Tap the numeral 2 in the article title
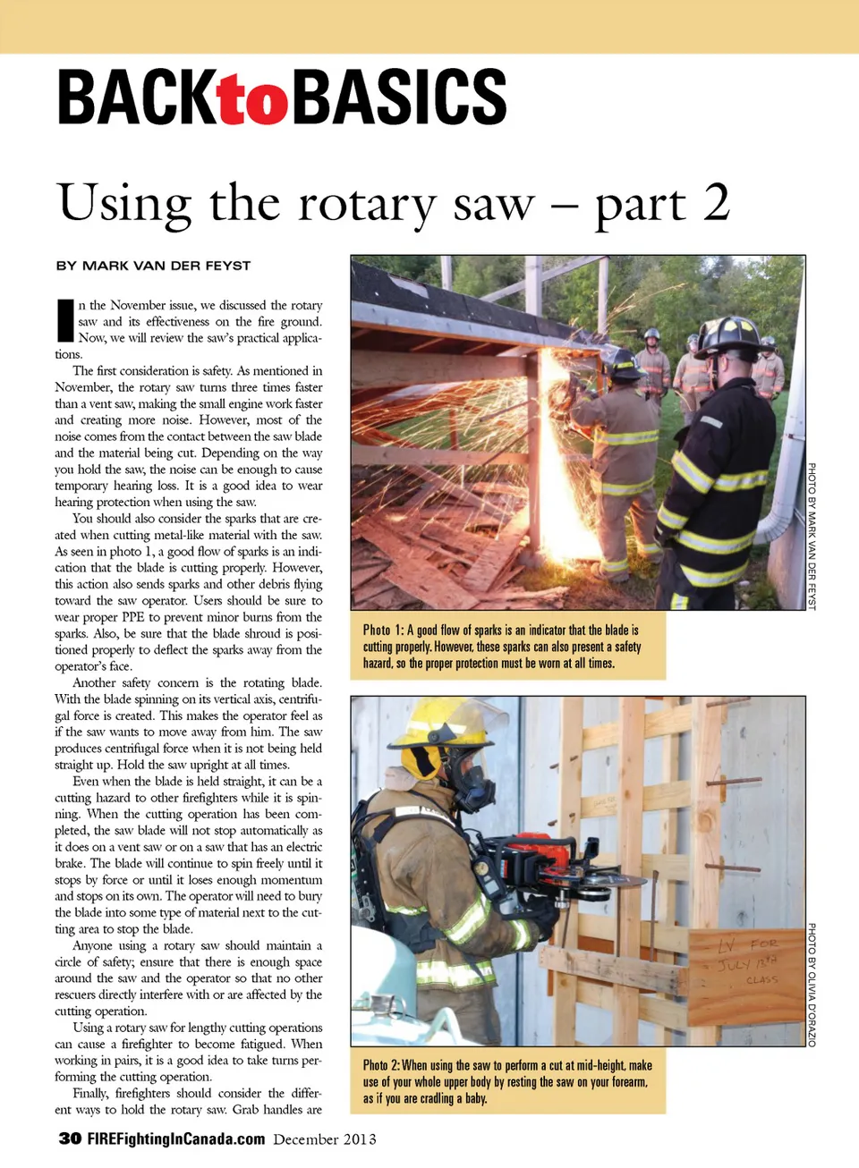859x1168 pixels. [x=716, y=202]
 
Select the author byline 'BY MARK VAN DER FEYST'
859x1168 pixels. [x=153, y=266]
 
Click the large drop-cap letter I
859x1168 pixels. [x=64, y=320]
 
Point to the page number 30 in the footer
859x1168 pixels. [x=70, y=1138]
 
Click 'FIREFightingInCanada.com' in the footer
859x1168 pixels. [x=176, y=1138]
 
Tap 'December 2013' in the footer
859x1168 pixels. [x=325, y=1139]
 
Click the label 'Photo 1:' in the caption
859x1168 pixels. [x=384, y=630]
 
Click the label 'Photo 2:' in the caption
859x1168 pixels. [x=381, y=1065]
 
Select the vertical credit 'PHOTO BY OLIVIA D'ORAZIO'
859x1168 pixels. [x=812, y=985]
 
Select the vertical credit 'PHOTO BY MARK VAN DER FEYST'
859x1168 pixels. [x=812, y=536]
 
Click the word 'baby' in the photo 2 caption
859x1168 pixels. [x=476, y=1098]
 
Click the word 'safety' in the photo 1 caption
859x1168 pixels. [x=627, y=647]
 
